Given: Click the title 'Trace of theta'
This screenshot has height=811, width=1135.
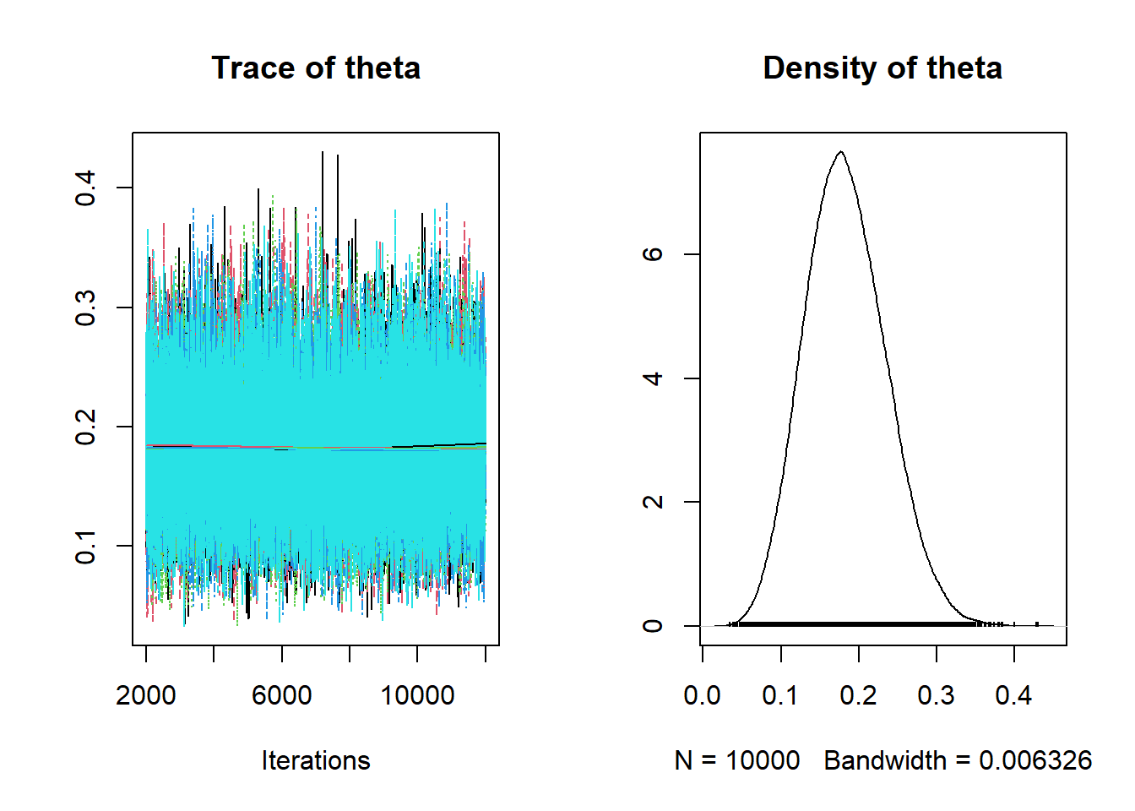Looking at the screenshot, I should [316, 68].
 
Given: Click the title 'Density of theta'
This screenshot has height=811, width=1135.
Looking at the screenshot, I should [882, 68].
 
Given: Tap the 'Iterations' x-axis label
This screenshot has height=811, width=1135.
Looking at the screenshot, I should [316, 760].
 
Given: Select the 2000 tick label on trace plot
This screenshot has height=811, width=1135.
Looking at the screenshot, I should [146, 695].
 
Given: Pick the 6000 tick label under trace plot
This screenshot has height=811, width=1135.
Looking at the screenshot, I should [282, 695].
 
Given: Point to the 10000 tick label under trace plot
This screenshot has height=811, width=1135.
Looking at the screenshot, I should [417, 695].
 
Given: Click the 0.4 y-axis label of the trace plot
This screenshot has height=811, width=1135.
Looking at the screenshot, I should [86, 188].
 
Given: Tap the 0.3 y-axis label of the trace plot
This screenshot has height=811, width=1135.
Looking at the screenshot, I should [86, 308].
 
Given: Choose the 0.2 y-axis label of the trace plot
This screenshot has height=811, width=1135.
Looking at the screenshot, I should [86, 427].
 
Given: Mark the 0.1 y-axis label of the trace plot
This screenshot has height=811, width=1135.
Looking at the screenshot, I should [86, 546].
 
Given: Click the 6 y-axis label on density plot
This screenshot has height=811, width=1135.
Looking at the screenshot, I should [653, 254].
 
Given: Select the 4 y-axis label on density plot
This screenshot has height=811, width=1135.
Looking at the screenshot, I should [653, 378].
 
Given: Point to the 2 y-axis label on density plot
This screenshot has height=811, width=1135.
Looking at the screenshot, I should [653, 502].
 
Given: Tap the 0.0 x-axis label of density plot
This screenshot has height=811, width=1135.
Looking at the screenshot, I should [702, 695].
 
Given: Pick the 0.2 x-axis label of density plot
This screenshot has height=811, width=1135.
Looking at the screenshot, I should [858, 695].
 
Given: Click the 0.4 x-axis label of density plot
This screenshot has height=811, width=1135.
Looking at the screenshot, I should [1013, 695].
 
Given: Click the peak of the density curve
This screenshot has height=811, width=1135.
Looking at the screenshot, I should [840, 152].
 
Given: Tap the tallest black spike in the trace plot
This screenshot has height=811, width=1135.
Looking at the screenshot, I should [322, 154].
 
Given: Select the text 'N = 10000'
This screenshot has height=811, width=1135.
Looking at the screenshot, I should [737, 760].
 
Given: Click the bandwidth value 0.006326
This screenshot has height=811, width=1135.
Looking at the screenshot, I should [1035, 760].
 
